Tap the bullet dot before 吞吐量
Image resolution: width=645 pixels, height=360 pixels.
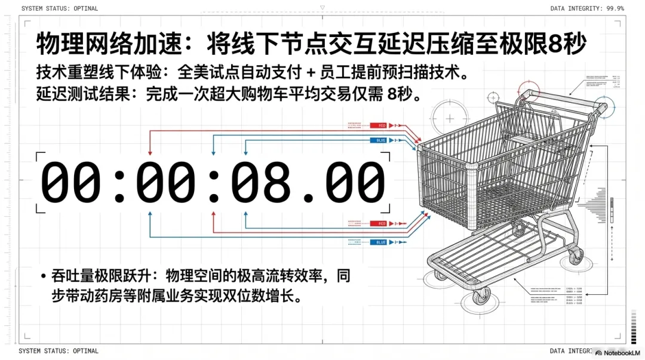coord(43,276)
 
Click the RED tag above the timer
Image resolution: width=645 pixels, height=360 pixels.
coord(379,125)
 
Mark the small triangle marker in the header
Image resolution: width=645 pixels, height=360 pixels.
coord(322,8)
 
